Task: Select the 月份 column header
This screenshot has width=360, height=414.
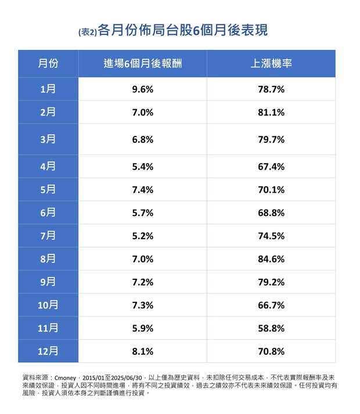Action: coord(48,63)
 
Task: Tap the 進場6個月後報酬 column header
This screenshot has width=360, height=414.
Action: coord(142,63)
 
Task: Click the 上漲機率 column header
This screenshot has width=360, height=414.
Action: coord(271,63)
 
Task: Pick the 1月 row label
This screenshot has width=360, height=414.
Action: coord(48,89)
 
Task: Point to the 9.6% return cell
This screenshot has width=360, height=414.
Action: coord(142,89)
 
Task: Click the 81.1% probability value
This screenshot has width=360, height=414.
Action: coord(271,113)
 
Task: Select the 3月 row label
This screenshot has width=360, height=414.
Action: coord(48,139)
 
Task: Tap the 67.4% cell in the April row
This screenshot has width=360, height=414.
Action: coord(271,167)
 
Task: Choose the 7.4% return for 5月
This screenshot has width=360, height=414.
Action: coord(142,190)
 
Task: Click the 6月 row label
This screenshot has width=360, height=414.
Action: coord(48,213)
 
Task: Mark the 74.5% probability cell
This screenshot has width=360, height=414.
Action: coord(271,236)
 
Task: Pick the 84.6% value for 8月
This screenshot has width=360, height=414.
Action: coord(271,259)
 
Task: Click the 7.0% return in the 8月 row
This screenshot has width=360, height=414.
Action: coord(142,259)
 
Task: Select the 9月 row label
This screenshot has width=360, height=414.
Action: coord(48,282)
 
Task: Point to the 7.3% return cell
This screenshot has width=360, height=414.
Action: coord(142,305)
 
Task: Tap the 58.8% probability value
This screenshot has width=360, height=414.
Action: coord(271,328)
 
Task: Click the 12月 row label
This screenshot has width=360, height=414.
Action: coord(48,351)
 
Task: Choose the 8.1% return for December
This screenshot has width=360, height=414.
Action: coord(142,351)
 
